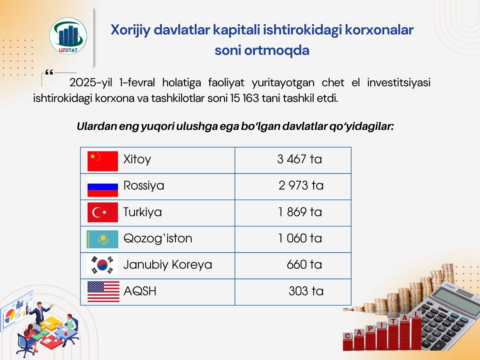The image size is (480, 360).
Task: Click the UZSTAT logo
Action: pos(68,36)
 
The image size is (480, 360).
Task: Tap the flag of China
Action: pos(103,161)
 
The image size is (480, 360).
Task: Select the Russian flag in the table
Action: pos(103,187)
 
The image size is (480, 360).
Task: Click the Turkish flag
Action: pos(103,212)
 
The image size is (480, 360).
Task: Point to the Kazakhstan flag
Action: pos(102,239)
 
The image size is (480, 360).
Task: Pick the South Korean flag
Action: pos(102,265)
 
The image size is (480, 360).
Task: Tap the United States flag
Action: pos(103,291)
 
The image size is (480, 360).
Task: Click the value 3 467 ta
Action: pos(300,159)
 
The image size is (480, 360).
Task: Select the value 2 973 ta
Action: pos(301,185)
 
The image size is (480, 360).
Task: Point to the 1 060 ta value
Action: pos(300,238)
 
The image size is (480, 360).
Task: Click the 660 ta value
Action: pos(304,265)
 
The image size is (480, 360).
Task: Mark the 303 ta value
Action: pos(306,291)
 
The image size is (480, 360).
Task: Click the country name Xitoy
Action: pos(137,159)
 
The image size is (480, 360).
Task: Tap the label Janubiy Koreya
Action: pos(168,265)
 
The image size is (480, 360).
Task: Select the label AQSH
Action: pos(140,291)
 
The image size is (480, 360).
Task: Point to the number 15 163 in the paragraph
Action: pos(244,98)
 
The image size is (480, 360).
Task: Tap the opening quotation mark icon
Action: pos(49,72)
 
